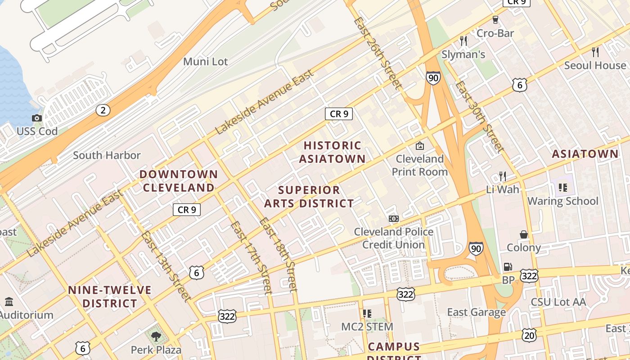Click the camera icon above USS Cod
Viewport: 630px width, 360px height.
click(37, 118)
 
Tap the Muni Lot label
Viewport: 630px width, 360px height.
click(205, 62)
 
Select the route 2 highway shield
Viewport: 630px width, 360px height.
click(103, 110)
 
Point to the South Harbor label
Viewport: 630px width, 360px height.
click(107, 155)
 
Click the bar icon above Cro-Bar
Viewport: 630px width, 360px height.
click(495, 20)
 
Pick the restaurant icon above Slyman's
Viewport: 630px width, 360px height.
click(463, 41)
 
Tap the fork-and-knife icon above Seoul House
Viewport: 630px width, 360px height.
click(595, 52)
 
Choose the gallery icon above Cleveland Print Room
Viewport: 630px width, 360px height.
click(419, 145)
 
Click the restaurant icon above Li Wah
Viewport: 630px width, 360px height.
click(503, 176)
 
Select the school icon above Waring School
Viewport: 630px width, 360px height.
click(562, 187)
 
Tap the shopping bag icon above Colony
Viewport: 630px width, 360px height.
click(524, 234)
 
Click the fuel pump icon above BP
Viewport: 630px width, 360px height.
click(508, 267)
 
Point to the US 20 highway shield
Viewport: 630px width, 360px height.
click(529, 335)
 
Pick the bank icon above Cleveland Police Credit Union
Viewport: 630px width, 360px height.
click(394, 219)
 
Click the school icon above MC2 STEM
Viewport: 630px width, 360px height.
click(367, 313)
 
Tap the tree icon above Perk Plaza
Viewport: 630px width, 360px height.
click(156, 336)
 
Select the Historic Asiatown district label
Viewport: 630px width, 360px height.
click(332, 152)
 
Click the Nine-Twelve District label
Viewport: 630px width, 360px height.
click(110, 297)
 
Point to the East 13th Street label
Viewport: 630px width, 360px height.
click(166, 265)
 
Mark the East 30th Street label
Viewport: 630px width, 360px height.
click(478, 116)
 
